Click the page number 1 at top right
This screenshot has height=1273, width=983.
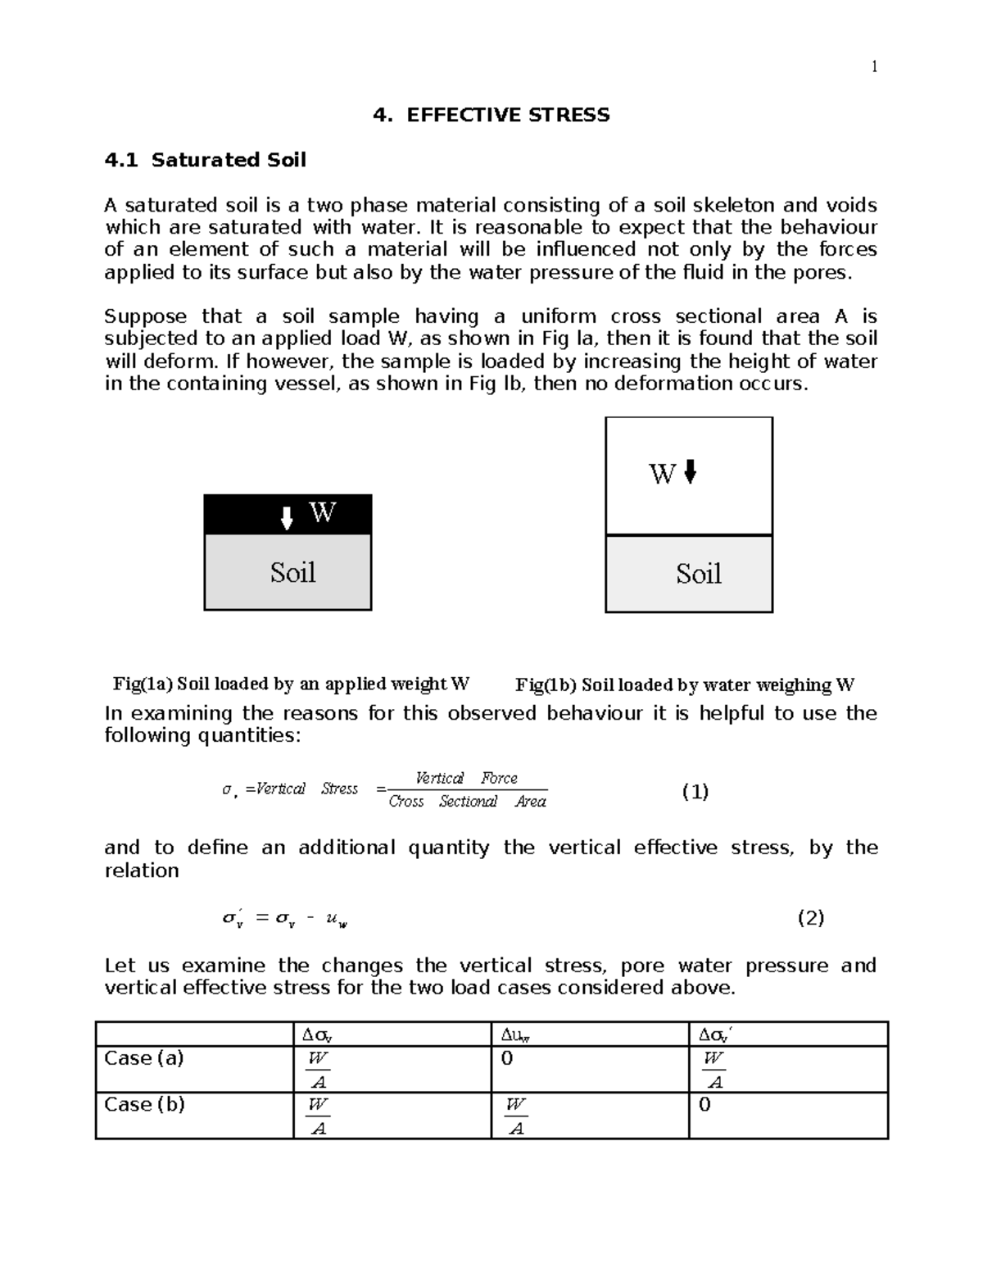874,67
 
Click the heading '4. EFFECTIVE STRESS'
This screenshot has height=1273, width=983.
491,115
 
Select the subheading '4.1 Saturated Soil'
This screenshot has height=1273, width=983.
206,160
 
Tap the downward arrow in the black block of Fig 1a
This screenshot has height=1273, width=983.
287,518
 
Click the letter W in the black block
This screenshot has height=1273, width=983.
323,512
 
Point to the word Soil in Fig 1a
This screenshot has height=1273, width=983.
292,572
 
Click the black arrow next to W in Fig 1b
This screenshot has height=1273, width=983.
690,471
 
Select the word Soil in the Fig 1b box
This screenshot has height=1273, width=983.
698,574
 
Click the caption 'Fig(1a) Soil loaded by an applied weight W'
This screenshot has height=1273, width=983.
291,684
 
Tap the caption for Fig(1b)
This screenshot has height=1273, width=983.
685,684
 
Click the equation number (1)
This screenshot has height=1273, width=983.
695,791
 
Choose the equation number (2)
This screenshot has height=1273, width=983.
810,917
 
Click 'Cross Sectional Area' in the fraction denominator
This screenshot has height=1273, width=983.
467,802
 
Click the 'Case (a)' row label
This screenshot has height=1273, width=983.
144,1058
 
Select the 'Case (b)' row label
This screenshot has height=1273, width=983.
144,1104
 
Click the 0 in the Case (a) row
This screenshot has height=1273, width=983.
506,1058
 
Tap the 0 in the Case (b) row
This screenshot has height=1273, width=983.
704,1104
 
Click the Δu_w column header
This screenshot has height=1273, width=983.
515,1035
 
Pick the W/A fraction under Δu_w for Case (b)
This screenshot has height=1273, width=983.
515,1116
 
